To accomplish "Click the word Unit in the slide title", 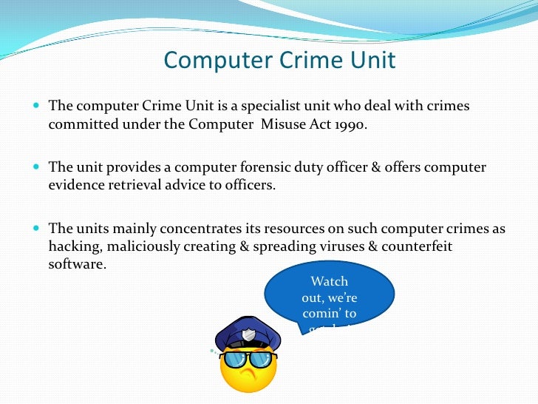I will pyautogui.click(x=372, y=59).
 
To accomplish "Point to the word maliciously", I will pyautogui.click(x=149, y=246).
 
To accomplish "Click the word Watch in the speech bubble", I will pyautogui.click(x=329, y=281).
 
